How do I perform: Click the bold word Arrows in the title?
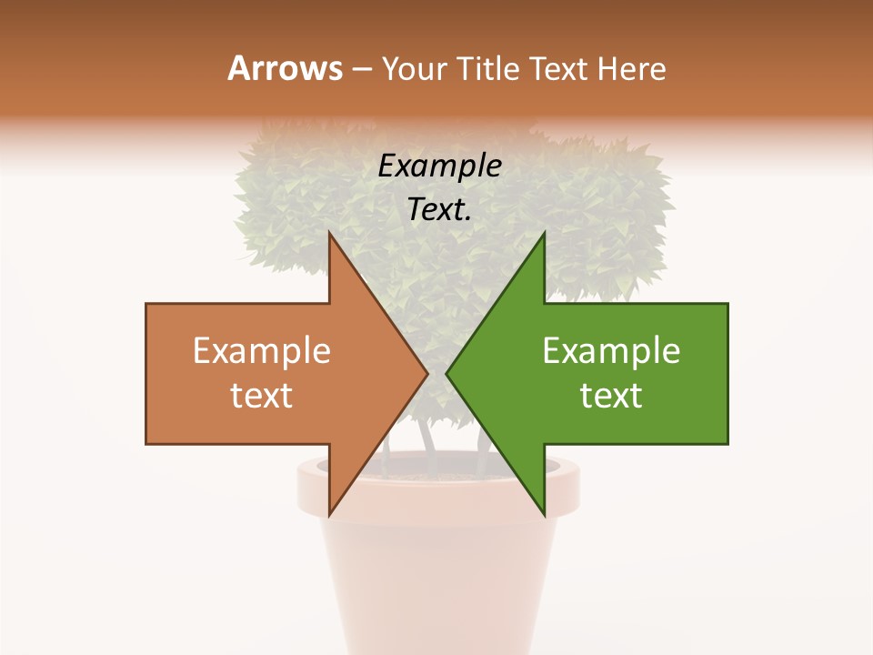(x=284, y=68)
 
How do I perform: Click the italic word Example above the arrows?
(x=439, y=166)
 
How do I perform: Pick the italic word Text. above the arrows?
(x=439, y=210)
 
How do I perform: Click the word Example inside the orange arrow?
(x=262, y=351)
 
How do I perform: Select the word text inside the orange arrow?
(x=262, y=396)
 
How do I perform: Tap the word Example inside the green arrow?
(x=611, y=351)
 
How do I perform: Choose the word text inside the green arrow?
(x=611, y=396)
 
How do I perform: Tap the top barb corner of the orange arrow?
(x=330, y=235)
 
